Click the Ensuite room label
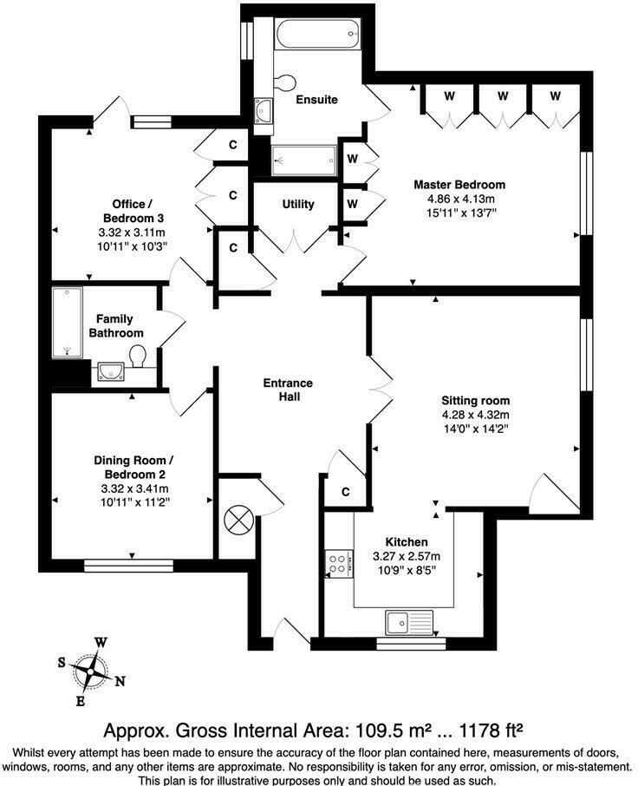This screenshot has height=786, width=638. (x=316, y=100)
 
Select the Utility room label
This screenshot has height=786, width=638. (x=298, y=205)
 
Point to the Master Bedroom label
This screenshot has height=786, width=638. (x=459, y=185)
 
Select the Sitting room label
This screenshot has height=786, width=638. (x=476, y=401)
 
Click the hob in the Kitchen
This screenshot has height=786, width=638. (x=337, y=564)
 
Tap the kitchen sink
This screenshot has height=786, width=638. (x=409, y=622)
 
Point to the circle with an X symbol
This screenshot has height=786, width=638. (x=237, y=521)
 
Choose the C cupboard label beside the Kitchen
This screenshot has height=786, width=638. (x=345, y=492)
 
